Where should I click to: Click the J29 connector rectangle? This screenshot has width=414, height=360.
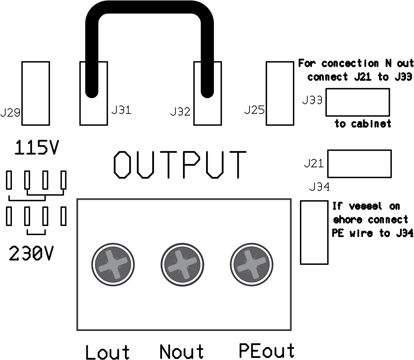pyautogui.click(x=35, y=93)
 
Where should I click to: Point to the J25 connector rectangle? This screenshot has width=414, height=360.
pyautogui.click(x=279, y=93)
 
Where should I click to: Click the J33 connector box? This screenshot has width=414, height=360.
pyautogui.click(x=357, y=102)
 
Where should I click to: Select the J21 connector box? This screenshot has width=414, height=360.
pyautogui.click(x=359, y=163)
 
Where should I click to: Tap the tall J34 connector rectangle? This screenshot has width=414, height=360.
pyautogui.click(x=314, y=232)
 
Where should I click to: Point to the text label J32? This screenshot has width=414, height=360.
pyautogui.click(x=180, y=112)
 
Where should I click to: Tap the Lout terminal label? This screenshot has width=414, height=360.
pyautogui.click(x=107, y=352)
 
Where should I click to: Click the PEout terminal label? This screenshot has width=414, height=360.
pyautogui.click(x=267, y=350)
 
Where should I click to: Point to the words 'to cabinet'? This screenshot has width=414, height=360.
pyautogui.click(x=363, y=124)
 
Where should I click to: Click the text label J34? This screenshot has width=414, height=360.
pyautogui.click(x=319, y=188)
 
